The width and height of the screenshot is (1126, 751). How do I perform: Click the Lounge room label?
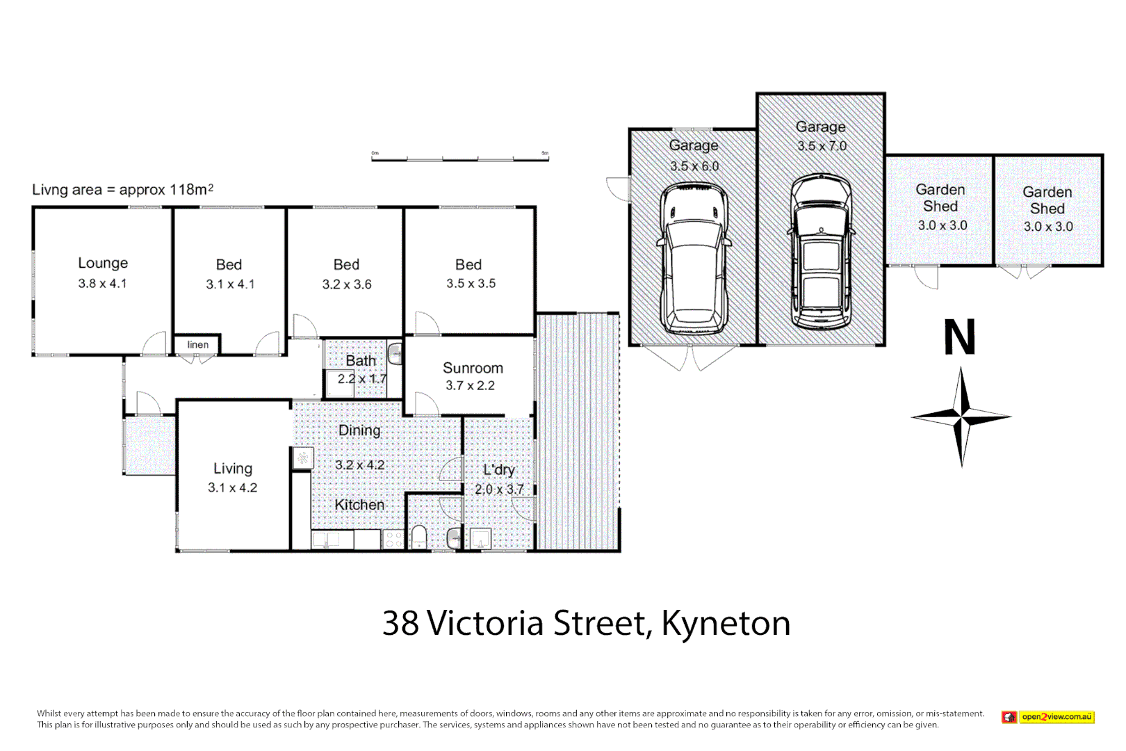103,263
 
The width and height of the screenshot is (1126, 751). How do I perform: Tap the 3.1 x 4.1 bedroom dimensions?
230,284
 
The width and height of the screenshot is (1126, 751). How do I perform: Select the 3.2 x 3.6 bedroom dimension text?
347,284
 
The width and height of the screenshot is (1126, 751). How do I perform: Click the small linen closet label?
197,345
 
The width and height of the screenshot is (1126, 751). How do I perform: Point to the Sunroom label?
473,368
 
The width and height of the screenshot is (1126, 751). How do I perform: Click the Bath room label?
361,360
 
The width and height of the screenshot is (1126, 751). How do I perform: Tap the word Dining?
359,430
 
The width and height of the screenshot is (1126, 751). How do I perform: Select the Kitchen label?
359,505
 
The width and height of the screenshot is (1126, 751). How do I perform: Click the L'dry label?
499,469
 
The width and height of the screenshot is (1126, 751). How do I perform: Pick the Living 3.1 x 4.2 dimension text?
232,487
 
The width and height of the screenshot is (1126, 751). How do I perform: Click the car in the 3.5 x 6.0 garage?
694,259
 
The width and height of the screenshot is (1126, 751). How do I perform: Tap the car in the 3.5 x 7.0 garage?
821,252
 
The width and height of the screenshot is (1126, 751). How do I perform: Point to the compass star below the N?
961,417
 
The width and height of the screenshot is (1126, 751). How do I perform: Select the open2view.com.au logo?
1048,717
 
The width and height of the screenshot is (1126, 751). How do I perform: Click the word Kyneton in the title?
726,623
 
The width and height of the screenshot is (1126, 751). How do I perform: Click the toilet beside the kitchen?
419,537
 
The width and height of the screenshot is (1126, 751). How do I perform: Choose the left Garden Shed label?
940,197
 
